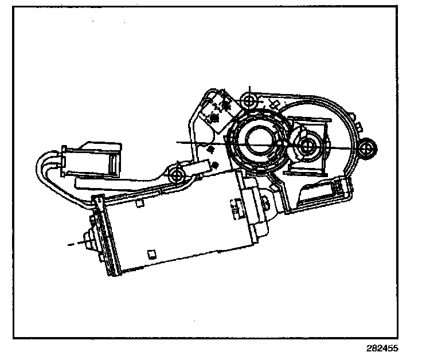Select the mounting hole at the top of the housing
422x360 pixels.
click(x=249, y=101)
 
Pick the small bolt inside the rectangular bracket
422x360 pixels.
click(x=308, y=146)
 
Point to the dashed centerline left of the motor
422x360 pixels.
click(x=75, y=244)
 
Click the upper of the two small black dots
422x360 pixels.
click(x=210, y=150)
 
